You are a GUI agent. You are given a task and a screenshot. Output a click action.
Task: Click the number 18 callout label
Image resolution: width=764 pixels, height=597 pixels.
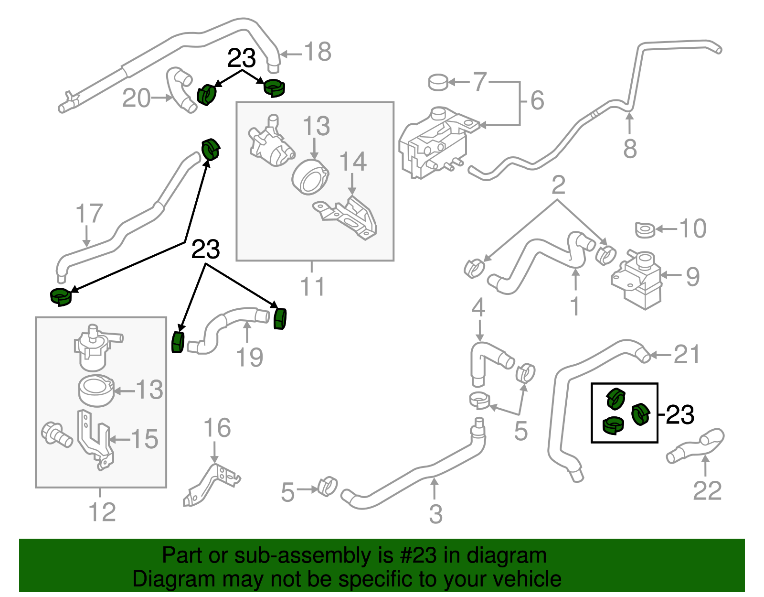[318, 52]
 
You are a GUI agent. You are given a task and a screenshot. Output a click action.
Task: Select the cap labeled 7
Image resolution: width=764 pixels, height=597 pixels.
[438, 82]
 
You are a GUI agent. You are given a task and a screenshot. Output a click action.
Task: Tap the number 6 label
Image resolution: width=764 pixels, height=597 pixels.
[537, 100]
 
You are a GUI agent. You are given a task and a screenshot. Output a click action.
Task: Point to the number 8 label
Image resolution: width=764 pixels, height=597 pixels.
[630, 149]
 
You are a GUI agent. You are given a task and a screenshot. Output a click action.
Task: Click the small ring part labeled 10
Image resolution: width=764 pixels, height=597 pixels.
[645, 230]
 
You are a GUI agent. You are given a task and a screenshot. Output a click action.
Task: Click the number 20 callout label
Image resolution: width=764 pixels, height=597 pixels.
[136, 98]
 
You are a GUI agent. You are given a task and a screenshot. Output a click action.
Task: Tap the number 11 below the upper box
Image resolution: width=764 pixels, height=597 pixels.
[312, 286]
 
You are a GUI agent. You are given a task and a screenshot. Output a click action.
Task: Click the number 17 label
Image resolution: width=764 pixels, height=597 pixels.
[89, 213]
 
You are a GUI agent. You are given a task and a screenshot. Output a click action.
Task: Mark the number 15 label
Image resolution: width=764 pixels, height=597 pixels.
[144, 439]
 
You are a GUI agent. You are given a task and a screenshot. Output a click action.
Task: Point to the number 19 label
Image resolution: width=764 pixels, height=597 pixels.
[250, 357]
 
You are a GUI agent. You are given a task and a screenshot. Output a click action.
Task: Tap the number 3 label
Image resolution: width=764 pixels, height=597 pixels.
[435, 514]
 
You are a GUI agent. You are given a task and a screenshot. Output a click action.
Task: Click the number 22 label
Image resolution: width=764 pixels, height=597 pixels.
[707, 491]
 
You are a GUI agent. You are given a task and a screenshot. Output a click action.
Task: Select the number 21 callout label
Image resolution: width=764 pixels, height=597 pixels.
[686, 355]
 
